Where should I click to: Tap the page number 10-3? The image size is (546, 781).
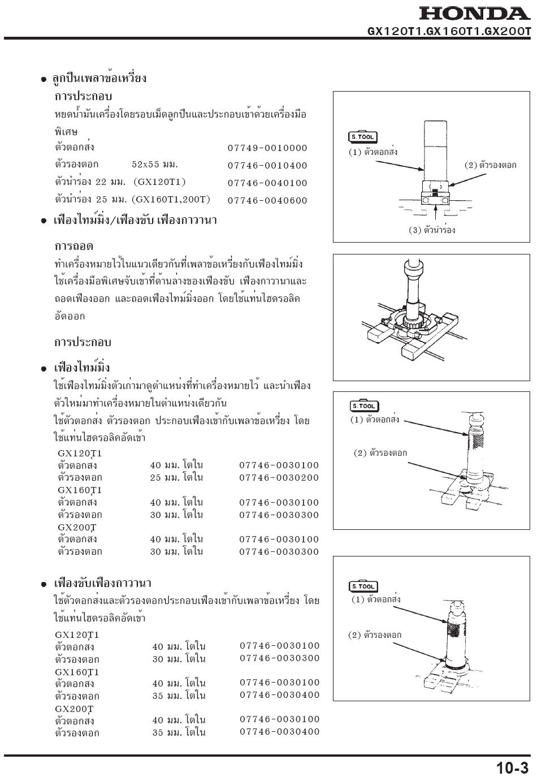pyautogui.click(x=512, y=768)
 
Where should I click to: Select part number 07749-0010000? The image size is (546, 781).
pyautogui.click(x=267, y=148)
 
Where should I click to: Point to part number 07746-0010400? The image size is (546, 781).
pyautogui.click(x=267, y=166)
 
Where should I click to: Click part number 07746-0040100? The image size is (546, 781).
pyautogui.click(x=267, y=183)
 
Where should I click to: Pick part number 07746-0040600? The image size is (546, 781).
pyautogui.click(x=267, y=201)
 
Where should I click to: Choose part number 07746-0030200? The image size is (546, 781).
pyautogui.click(x=279, y=478)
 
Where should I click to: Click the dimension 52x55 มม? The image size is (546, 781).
pyautogui.click(x=155, y=165)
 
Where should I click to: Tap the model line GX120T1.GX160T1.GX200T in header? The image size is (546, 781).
pyautogui.click(x=449, y=32)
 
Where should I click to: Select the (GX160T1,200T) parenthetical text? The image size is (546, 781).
pyautogui.click(x=171, y=200)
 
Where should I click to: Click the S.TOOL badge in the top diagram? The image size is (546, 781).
pyautogui.click(x=362, y=137)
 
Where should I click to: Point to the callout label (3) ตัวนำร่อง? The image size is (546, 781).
pyautogui.click(x=432, y=230)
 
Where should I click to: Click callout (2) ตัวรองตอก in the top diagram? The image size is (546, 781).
pyautogui.click(x=490, y=166)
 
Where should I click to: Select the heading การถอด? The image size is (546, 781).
pyautogui.click(x=74, y=247)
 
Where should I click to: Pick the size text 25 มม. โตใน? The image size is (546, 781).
pyautogui.click(x=176, y=478)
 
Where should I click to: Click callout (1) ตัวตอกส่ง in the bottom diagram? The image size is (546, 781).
pyautogui.click(x=376, y=599)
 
